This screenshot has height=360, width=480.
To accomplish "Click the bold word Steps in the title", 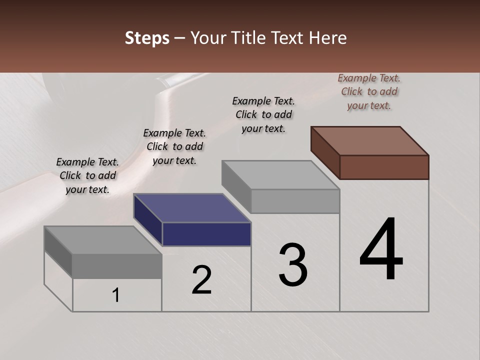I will (147, 38).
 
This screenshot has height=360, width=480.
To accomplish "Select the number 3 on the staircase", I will (293, 265).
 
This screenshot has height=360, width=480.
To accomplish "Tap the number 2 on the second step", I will (202, 280).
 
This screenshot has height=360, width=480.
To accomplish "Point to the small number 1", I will (116, 295).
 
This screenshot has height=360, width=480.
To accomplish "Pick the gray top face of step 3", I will (280, 175).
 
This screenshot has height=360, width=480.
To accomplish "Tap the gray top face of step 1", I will (103, 240).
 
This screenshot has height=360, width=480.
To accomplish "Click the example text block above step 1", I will (87, 175).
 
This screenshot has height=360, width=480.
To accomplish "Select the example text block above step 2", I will (174, 146).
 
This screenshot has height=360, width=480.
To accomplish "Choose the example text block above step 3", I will (263, 114).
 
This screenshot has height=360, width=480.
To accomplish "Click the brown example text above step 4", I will (369, 91).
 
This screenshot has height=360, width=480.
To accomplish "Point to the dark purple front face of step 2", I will (206, 234).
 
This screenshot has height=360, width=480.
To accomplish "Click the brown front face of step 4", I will (384, 167).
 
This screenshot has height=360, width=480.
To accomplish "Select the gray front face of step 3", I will (295, 201).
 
